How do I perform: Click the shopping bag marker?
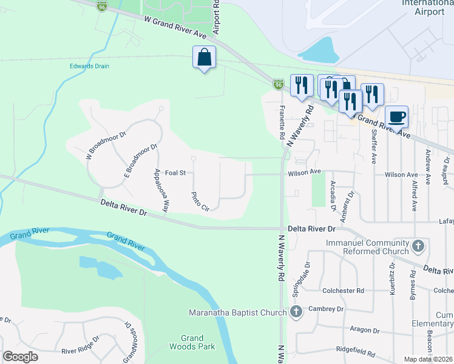[x=204, y=58]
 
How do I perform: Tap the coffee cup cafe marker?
[x=396, y=115]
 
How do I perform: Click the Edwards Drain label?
[x=89, y=66]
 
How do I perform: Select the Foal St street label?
[x=175, y=173]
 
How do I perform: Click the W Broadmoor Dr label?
[x=105, y=146]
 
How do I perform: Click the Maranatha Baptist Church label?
[x=237, y=313]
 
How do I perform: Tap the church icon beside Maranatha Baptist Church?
[x=296, y=312]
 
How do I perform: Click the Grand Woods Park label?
[x=198, y=342]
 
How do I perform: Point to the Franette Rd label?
[x=282, y=121]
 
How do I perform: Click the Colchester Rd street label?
[x=344, y=291]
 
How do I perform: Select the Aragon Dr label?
[x=364, y=331]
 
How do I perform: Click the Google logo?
[x=20, y=357]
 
